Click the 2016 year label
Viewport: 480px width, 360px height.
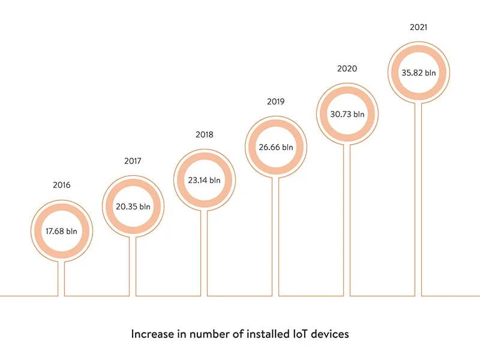(x=61, y=185)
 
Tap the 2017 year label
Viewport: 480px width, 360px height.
(x=133, y=161)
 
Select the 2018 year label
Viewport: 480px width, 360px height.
(x=204, y=134)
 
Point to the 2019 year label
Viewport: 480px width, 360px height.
(x=275, y=101)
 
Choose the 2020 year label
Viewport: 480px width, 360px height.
(x=347, y=68)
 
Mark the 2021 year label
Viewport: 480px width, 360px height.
(x=418, y=27)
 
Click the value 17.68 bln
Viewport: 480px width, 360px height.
(x=62, y=231)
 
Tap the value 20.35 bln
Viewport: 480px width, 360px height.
(x=133, y=207)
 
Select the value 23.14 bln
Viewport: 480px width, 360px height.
(x=205, y=179)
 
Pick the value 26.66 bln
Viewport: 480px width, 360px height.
(x=275, y=147)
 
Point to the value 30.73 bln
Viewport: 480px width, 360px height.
(x=347, y=114)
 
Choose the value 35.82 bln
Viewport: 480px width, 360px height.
(x=419, y=73)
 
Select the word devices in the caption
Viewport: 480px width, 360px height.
(x=329, y=334)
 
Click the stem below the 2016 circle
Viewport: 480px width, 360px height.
(x=62, y=279)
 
